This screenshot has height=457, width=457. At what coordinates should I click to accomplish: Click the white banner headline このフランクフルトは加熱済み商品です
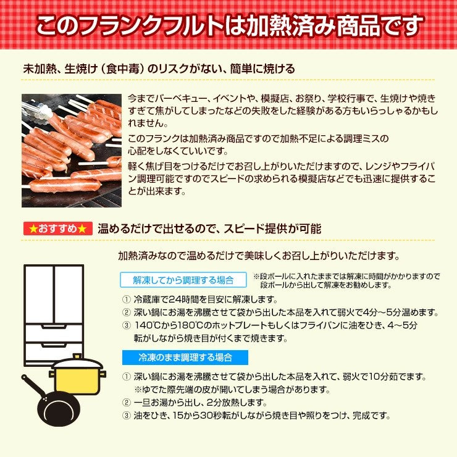(x=228, y=25)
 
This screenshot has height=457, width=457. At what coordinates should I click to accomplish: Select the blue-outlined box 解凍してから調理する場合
(x=183, y=280)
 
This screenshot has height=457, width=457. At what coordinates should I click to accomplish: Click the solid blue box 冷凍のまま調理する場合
(x=185, y=357)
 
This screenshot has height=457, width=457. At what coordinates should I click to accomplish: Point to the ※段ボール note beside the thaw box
(x=346, y=280)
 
